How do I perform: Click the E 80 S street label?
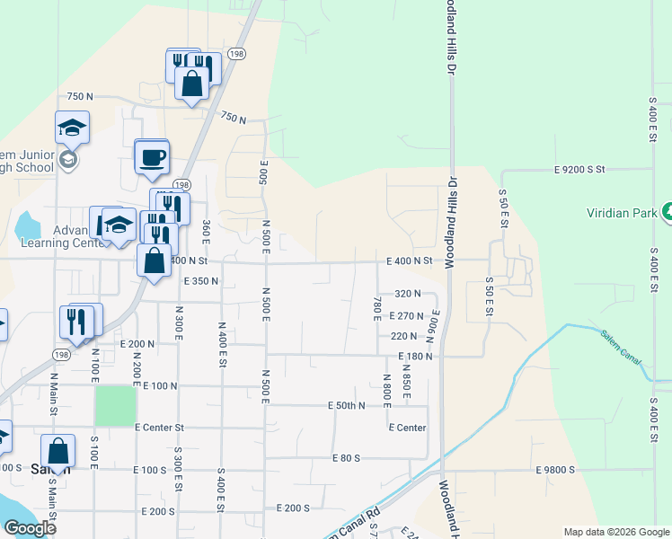point(345,458)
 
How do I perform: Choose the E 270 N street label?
point(406,316)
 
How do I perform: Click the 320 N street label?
point(408,294)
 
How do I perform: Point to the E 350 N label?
point(201,281)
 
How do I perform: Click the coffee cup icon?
point(151,156)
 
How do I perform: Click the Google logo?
point(30,528)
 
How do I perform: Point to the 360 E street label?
point(207,232)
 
